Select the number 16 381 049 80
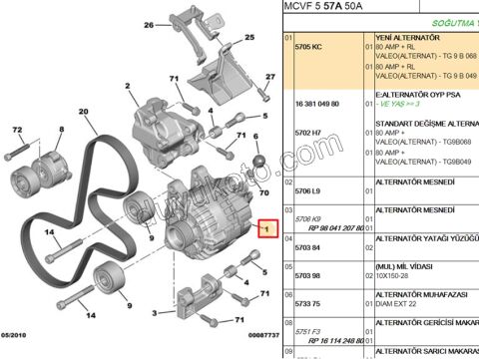316,102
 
